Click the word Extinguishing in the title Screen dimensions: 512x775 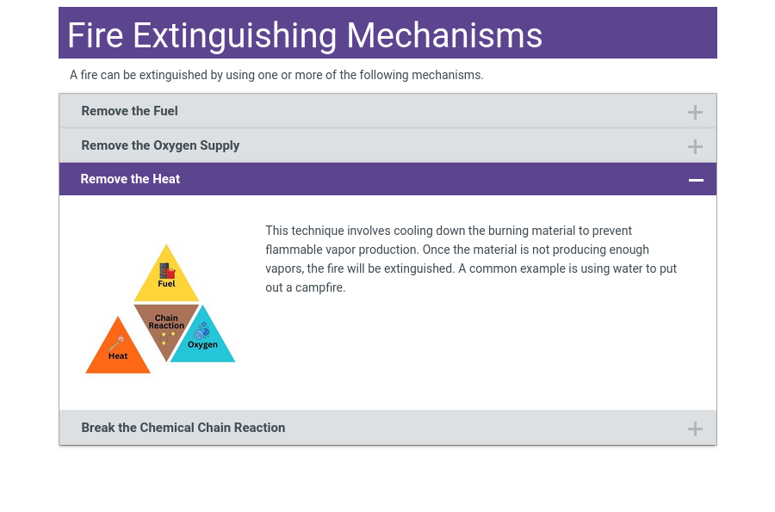235,35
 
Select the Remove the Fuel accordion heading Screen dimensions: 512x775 129,111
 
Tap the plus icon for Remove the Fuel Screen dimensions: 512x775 695,112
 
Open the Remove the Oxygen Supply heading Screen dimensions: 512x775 160,145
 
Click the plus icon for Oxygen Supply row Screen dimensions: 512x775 695,146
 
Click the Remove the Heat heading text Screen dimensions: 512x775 130,179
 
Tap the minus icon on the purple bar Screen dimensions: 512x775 696,180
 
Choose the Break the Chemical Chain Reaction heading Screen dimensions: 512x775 183,428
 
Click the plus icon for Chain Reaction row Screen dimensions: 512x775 695,429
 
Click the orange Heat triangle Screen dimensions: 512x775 118,351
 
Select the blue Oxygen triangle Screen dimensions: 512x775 203,341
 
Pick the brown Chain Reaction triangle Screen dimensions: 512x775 166,325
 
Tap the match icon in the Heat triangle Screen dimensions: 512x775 117,342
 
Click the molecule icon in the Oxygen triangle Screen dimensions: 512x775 201,331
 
